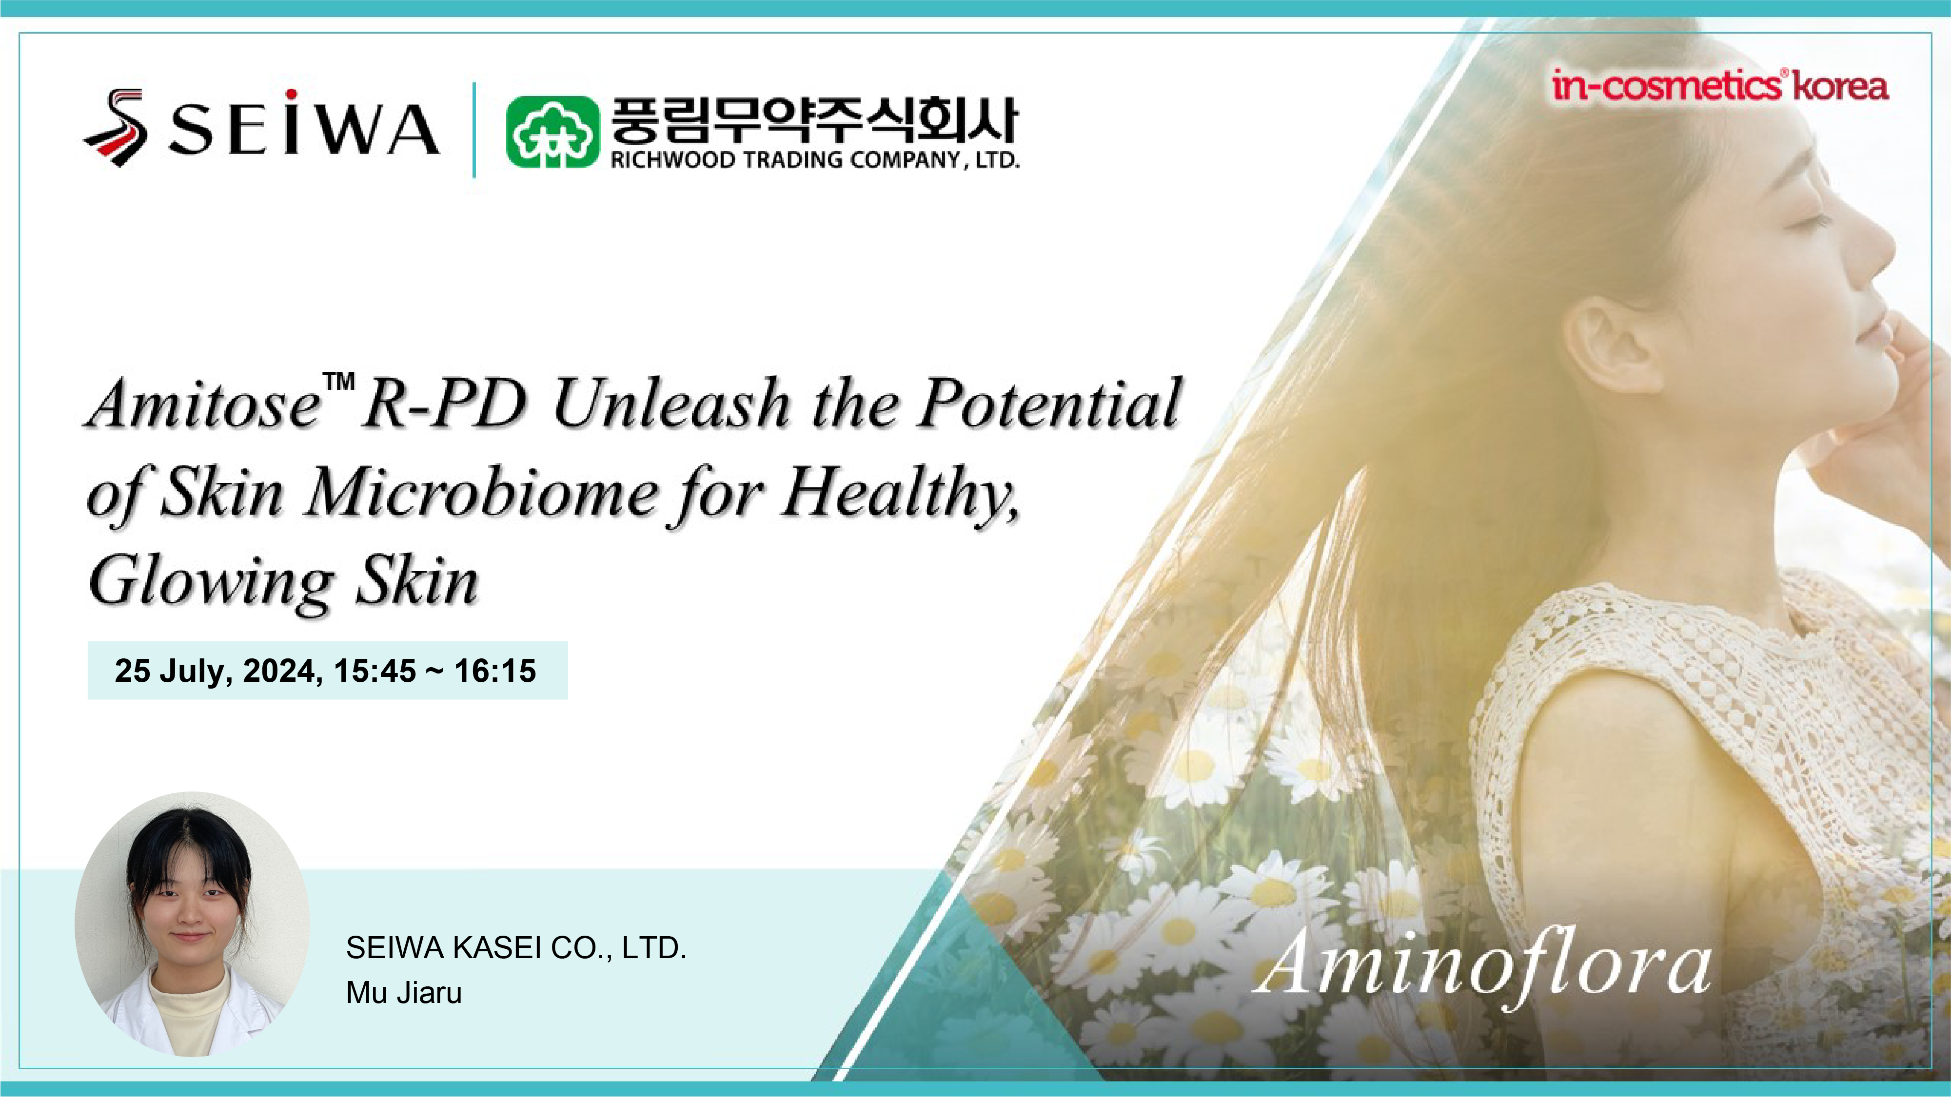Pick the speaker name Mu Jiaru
click(x=404, y=993)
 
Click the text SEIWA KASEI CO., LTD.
click(x=516, y=948)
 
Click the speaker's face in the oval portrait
click(x=189, y=908)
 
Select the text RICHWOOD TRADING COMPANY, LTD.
click(x=815, y=160)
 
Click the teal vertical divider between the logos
click(x=474, y=130)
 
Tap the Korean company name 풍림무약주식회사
click(x=814, y=119)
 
